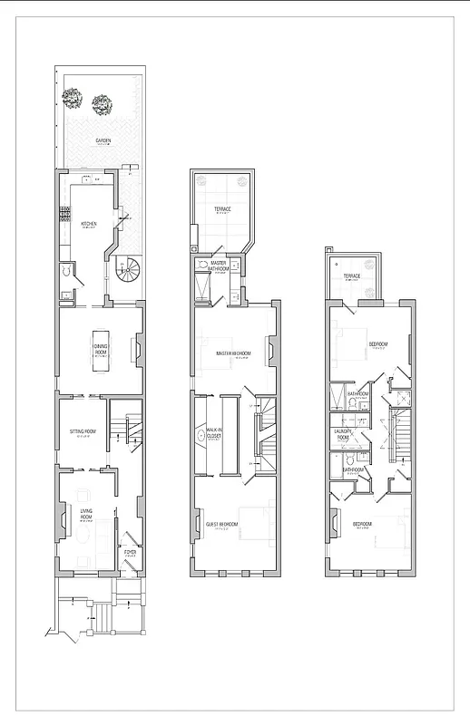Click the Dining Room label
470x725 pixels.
pyautogui.click(x=100, y=350)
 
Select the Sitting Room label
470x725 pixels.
pyautogui.click(x=83, y=432)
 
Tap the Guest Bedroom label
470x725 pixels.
pyautogui.click(x=221, y=525)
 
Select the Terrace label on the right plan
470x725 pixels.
pyautogui.click(x=351, y=275)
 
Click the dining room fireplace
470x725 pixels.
pyautogui.click(x=138, y=349)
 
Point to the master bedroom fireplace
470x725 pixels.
pyautogui.click(x=270, y=349)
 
